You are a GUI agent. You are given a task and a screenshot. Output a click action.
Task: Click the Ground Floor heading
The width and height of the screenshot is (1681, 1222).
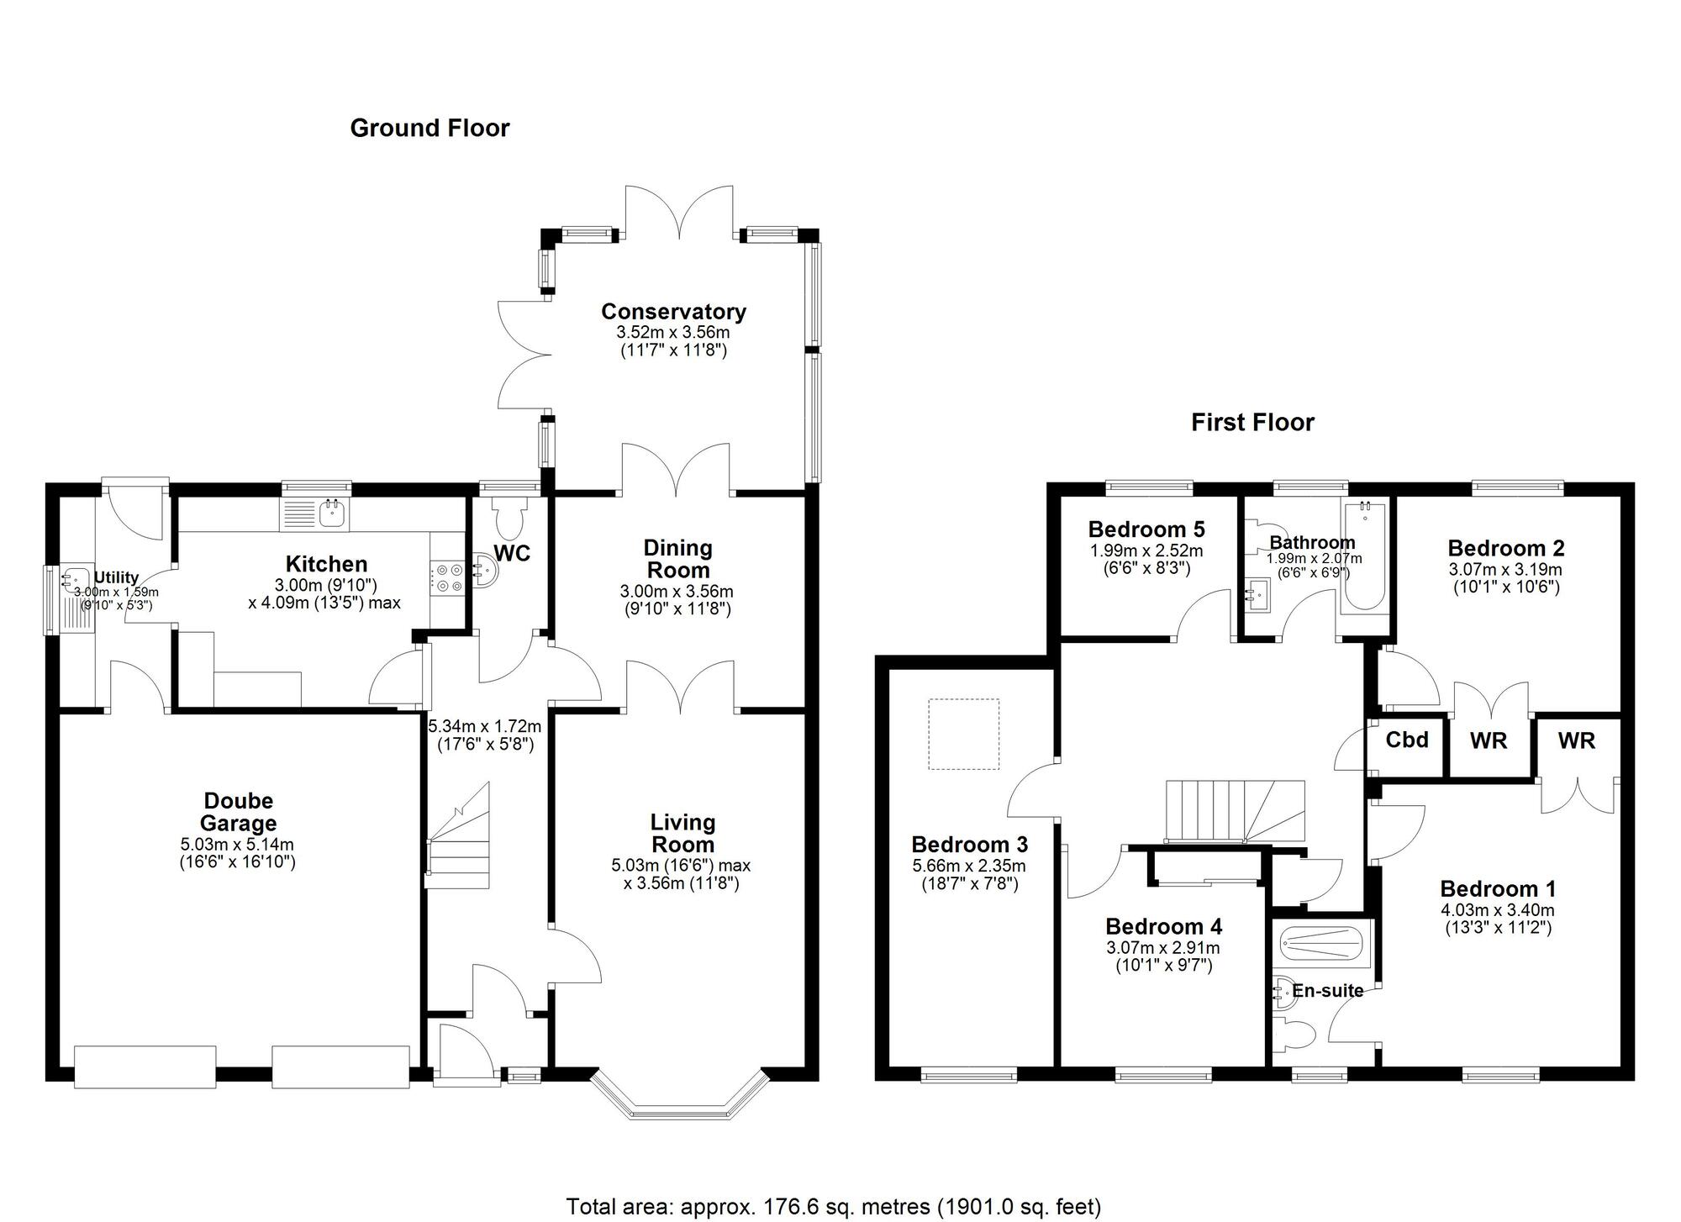tap(429, 129)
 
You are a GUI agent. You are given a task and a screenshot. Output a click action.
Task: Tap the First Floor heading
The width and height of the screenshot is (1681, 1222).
tap(1252, 422)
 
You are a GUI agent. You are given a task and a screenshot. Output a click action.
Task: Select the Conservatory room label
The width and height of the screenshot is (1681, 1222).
tap(673, 312)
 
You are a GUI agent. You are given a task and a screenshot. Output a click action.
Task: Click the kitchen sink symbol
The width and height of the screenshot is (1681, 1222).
tap(314, 514)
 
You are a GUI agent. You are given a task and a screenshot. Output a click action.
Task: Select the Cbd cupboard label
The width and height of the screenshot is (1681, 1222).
tap(1407, 740)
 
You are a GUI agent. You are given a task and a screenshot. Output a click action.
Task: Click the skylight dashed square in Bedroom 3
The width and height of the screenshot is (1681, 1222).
tap(963, 734)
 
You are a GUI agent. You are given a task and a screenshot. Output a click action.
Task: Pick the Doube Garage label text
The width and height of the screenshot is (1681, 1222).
tap(238, 812)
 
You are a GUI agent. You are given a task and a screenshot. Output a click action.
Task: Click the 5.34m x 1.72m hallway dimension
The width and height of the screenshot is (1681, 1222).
tap(485, 727)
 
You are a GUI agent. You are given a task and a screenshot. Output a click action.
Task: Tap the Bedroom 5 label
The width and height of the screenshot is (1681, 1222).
tap(1146, 529)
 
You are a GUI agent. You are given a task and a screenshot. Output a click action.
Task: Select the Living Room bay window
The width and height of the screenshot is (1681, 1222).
tap(681, 1099)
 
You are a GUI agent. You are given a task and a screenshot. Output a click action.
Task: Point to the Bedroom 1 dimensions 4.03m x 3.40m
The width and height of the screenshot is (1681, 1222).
tap(1498, 910)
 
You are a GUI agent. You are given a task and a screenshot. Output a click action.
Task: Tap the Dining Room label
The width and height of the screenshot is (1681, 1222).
tap(677, 559)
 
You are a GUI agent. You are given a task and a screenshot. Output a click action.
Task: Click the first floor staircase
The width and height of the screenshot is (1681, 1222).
tap(1234, 811)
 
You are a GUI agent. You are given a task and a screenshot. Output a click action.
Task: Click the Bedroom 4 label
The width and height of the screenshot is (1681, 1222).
tap(1163, 926)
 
